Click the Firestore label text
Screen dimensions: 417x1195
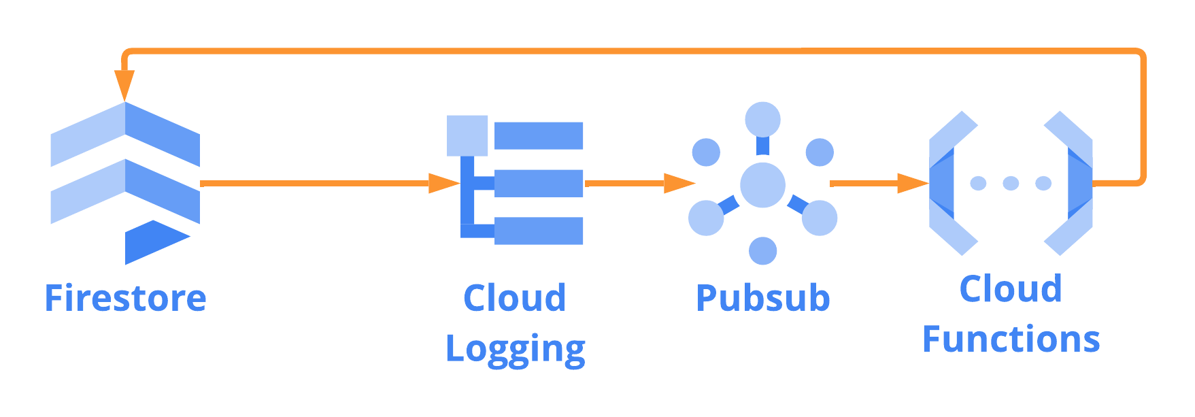tap(125, 299)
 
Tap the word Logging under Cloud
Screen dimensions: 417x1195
tap(515, 349)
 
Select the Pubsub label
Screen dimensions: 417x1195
tap(763, 299)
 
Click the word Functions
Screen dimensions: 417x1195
tap(1011, 339)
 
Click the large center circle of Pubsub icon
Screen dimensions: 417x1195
tap(762, 184)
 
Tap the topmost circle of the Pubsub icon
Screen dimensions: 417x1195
tap(762, 120)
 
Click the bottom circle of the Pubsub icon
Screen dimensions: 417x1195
tap(762, 251)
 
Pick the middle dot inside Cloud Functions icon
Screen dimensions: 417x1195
tap(1011, 183)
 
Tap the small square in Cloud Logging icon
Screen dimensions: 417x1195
tap(467, 135)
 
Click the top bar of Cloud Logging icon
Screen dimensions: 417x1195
tap(539, 135)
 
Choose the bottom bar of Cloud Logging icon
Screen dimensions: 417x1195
tap(539, 231)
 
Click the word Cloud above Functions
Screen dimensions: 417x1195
tap(1011, 289)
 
